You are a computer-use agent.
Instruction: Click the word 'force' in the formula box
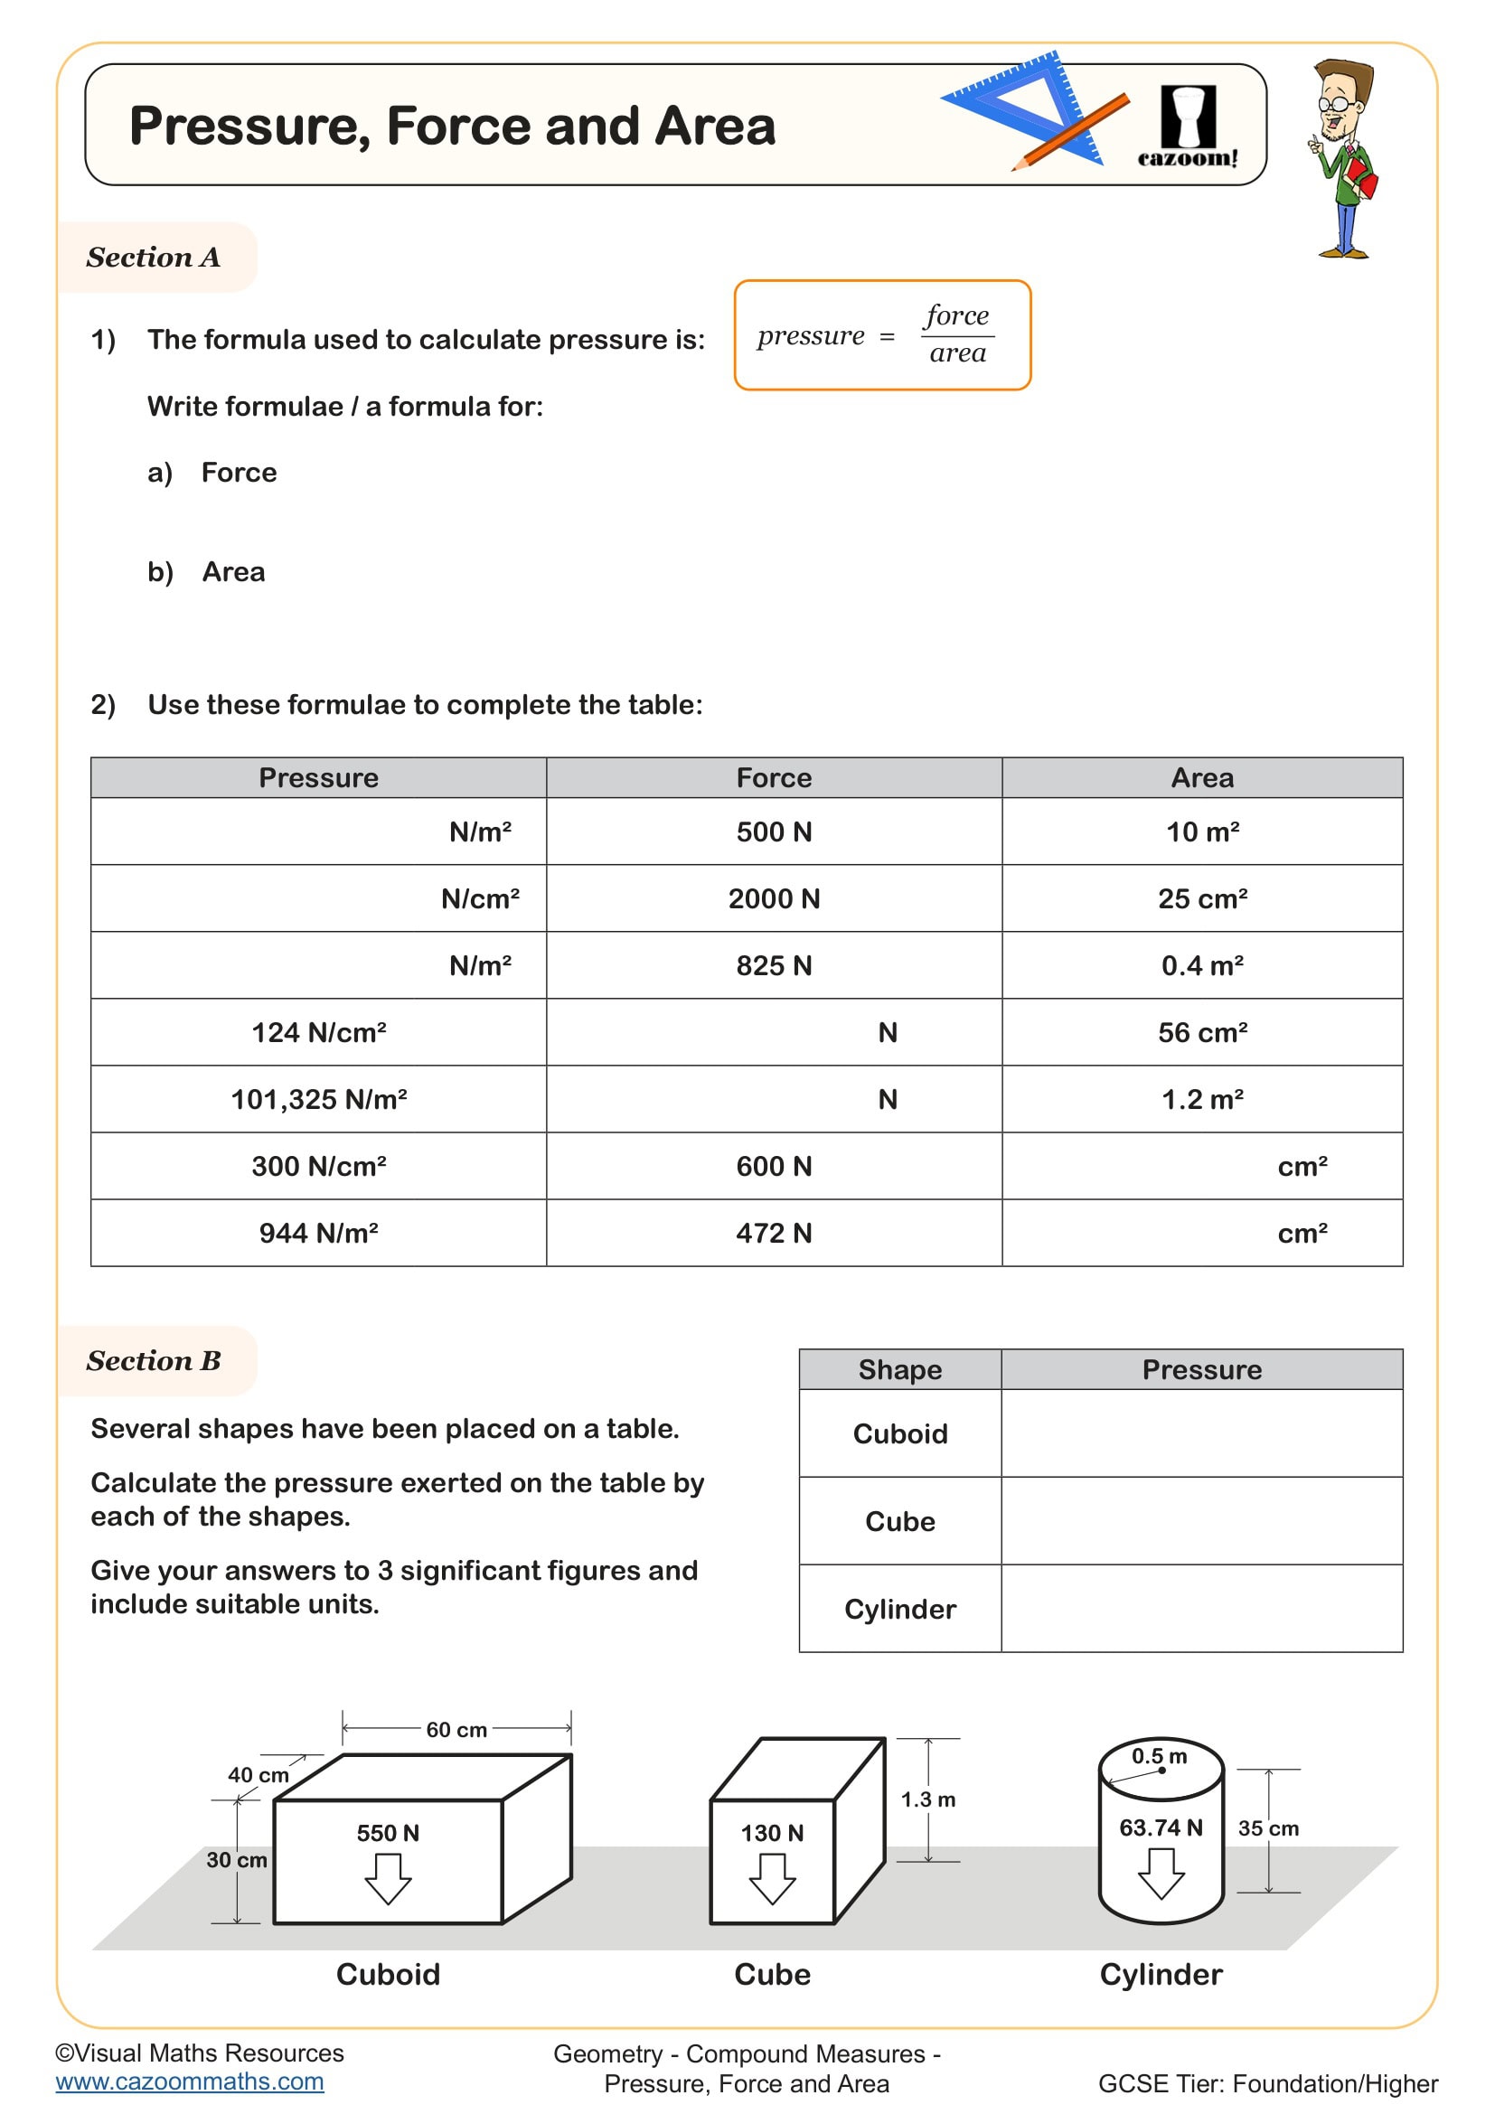956,315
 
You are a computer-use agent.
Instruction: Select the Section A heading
154,258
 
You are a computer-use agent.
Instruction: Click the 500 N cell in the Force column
774,832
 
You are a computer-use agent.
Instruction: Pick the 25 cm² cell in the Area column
1201,898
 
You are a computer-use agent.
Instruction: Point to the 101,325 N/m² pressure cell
318,1099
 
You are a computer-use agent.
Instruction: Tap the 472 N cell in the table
774,1233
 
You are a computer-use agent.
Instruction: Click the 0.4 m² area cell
1201,966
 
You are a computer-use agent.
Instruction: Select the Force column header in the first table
774,778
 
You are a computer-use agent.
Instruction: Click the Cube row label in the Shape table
899,1521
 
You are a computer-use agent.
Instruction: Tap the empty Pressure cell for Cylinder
1201,1609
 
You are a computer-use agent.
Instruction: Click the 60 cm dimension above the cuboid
456,1730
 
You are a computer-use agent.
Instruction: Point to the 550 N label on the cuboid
388,1833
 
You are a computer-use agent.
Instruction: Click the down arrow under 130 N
771,1878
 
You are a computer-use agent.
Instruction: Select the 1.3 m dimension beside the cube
928,1799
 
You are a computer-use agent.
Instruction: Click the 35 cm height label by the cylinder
1267,1828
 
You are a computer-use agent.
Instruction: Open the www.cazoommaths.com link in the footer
190,2081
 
